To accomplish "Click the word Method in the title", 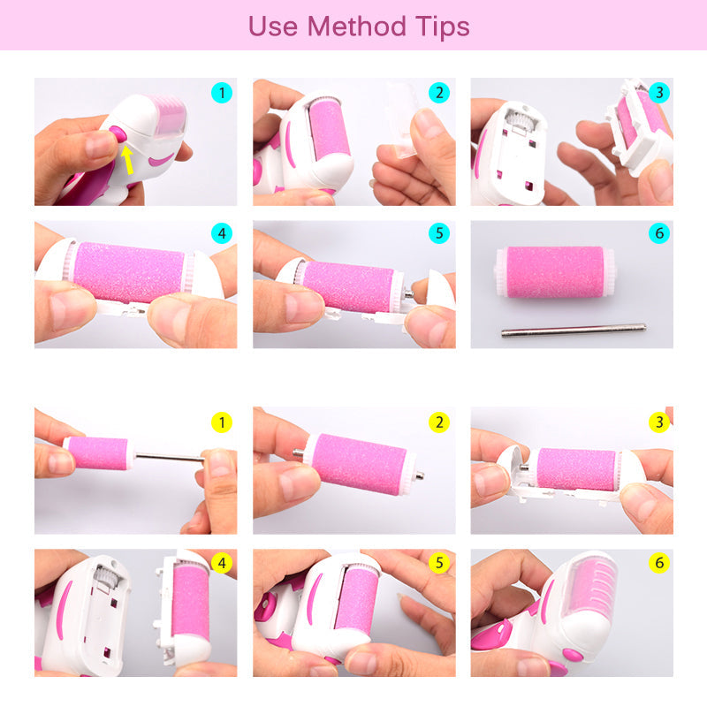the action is [356, 27].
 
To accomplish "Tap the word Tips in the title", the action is [443, 27].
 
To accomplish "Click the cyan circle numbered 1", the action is [222, 93].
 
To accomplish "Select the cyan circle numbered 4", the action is [222, 233].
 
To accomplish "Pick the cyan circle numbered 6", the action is [659, 233].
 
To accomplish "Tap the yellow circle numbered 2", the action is [439, 422].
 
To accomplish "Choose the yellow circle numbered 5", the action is [439, 563].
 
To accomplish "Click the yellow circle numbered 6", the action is [659, 563].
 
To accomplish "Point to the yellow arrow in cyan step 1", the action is [127, 160].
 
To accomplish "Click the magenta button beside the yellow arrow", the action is [118, 134].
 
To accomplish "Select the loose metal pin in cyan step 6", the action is [574, 330].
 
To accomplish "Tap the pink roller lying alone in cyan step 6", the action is [555, 271].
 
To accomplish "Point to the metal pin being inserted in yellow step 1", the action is [170, 457].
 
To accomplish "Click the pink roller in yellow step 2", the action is [359, 464].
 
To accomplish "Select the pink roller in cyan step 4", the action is [129, 272].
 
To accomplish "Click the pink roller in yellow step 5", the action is [357, 599].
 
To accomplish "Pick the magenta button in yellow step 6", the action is [573, 655].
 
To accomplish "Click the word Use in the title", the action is [273, 27].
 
